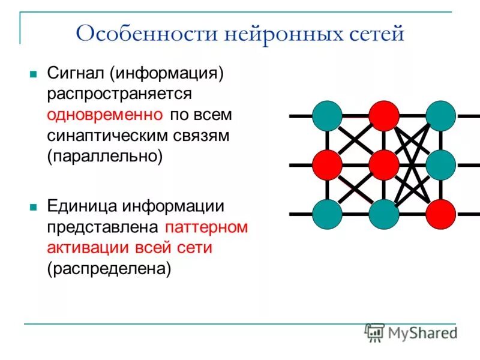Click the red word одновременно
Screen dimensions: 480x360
[105, 114]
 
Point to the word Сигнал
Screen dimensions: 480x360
[77, 74]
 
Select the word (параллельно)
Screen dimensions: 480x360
[106, 155]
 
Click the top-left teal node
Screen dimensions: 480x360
[328, 116]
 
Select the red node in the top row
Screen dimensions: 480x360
[384, 116]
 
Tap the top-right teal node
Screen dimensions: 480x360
[441, 116]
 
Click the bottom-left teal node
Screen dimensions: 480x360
[328, 214]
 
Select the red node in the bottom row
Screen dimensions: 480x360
[441, 214]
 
